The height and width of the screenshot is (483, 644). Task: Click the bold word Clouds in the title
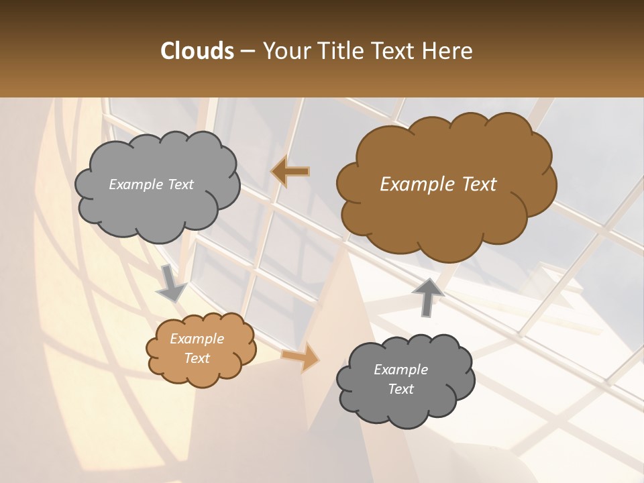[x=197, y=51]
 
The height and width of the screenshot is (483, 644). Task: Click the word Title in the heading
[x=340, y=51]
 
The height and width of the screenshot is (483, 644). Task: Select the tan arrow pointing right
[x=301, y=356]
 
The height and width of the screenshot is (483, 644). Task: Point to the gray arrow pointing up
[x=428, y=295]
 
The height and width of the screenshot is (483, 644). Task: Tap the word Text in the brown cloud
[x=478, y=184]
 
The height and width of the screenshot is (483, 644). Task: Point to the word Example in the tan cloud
[x=197, y=339]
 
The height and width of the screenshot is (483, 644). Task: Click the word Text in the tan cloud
[x=197, y=358]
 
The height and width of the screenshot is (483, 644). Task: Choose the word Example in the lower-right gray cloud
[x=400, y=370]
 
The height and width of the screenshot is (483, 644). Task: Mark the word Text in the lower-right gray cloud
[x=400, y=389]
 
